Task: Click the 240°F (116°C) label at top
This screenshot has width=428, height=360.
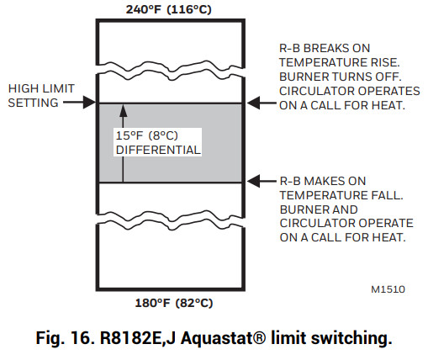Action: tap(172, 10)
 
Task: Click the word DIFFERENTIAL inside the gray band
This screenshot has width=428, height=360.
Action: tap(158, 150)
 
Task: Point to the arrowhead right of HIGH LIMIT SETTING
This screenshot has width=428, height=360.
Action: tap(92, 103)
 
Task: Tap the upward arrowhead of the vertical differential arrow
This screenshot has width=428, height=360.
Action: tap(123, 109)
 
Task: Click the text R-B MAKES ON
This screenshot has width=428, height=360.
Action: tap(322, 180)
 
